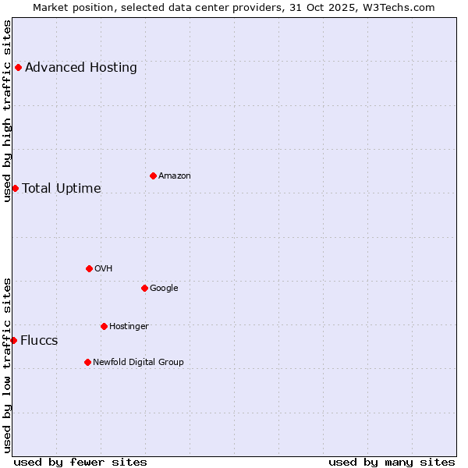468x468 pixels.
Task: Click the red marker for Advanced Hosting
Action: pyautogui.click(x=18, y=67)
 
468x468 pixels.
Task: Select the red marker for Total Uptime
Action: pyautogui.click(x=15, y=188)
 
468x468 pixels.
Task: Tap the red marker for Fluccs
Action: pyautogui.click(x=13, y=340)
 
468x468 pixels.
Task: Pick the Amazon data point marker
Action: pyautogui.click(x=153, y=175)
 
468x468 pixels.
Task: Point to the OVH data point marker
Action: pyautogui.click(x=89, y=268)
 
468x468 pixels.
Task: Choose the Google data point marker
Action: pyautogui.click(x=144, y=288)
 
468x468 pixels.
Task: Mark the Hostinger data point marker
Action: pyautogui.click(x=104, y=326)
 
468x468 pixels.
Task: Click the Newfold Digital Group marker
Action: pyautogui.click(x=87, y=362)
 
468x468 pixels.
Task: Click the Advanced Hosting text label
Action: pyautogui.click(x=81, y=68)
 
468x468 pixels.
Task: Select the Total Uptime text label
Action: pyautogui.click(x=62, y=189)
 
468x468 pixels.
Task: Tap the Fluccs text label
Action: pyautogui.click(x=39, y=341)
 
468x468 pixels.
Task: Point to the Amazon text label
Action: pyautogui.click(x=175, y=176)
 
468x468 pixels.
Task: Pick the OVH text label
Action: pyautogui.click(x=104, y=269)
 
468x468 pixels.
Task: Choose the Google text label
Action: pyautogui.click(x=164, y=289)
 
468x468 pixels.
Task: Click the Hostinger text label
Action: pyautogui.click(x=129, y=327)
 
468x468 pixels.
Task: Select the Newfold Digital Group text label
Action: pyautogui.click(x=138, y=363)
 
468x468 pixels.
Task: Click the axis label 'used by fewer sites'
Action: pyautogui.click(x=80, y=462)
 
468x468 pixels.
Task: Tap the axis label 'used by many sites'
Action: pyautogui.click(x=392, y=462)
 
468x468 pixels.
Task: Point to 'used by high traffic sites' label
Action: pyautogui.click(x=7, y=111)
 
